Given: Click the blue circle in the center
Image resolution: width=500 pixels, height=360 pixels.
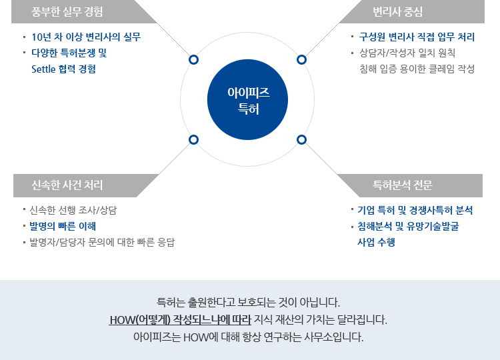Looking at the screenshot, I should pyautogui.click(x=248, y=100).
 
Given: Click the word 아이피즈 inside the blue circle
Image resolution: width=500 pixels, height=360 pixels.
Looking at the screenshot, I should pyautogui.click(x=248, y=93).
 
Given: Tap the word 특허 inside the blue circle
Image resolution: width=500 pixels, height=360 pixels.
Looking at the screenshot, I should pyautogui.click(x=248, y=108).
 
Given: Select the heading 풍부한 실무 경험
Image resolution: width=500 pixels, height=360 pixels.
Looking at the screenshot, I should pyautogui.click(x=67, y=11).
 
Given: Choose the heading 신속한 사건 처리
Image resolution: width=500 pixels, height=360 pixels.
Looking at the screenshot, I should pyautogui.click(x=67, y=185).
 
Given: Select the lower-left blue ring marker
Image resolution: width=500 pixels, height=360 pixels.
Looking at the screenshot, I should pyautogui.click(x=193, y=139).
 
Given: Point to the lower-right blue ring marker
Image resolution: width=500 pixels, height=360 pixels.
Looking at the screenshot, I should pyautogui.click(x=302, y=139).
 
